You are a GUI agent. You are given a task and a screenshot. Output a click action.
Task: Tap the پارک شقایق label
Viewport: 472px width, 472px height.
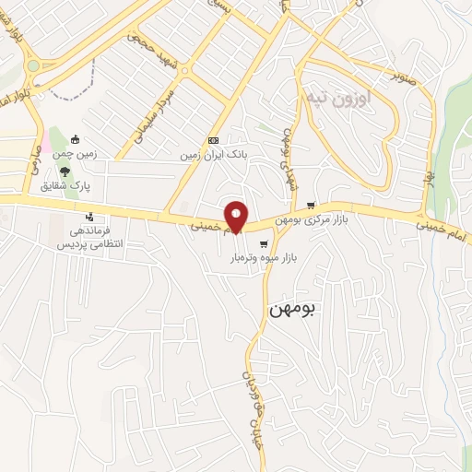coord(65,185)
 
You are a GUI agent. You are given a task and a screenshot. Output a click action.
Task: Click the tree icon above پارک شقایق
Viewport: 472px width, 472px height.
coord(65,171)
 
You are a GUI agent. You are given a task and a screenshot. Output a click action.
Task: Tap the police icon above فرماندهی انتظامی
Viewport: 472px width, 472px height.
coord(78,218)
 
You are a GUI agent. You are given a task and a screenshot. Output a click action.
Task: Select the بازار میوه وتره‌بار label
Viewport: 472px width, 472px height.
coord(264,260)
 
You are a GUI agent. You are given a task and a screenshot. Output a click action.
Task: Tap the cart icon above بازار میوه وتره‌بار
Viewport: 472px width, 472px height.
coord(265,244)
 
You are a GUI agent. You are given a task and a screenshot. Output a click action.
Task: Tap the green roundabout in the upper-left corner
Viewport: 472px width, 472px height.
coord(33,65)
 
